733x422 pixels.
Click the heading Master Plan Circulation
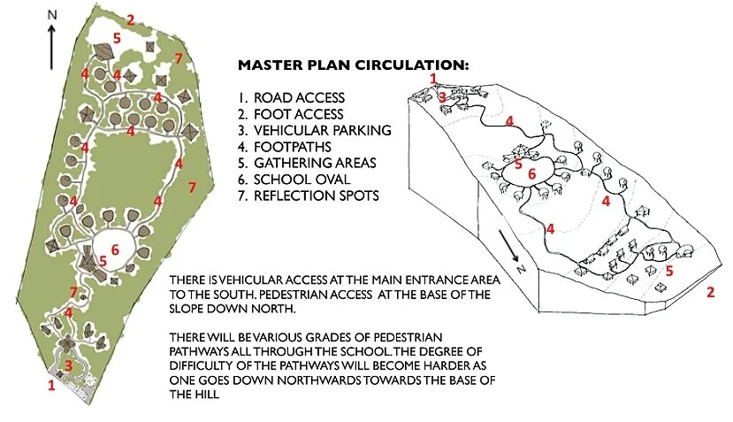(354, 65)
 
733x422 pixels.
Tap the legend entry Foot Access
(298, 114)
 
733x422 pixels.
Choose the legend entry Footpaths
(293, 147)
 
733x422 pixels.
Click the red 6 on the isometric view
(531, 174)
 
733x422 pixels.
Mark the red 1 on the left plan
(50, 385)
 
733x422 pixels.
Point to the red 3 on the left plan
(69, 364)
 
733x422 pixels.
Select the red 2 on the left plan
(130, 19)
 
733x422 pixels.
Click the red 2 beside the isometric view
(709, 293)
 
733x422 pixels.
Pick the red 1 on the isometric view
(433, 79)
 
